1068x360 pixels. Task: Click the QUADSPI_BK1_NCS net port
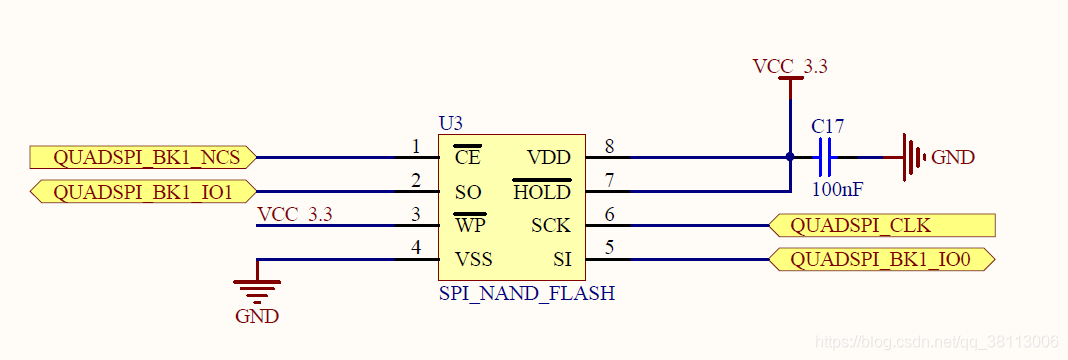click(x=143, y=157)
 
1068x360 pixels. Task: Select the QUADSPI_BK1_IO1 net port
click(x=143, y=191)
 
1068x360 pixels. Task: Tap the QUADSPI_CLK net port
click(x=882, y=225)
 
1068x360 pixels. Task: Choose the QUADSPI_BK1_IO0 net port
click(x=882, y=259)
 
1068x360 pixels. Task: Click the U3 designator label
click(x=451, y=124)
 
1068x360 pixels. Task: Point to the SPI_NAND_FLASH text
click(x=527, y=293)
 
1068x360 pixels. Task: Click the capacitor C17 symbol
click(x=826, y=157)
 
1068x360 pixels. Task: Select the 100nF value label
click(x=837, y=189)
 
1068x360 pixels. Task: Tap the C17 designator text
click(x=828, y=127)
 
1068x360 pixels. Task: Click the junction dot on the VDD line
click(x=790, y=157)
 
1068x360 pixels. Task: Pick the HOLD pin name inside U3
click(x=541, y=191)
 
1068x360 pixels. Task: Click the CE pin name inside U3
click(x=467, y=157)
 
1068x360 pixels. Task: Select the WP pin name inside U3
click(x=470, y=225)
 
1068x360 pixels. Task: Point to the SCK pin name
click(x=550, y=225)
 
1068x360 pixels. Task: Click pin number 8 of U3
click(x=609, y=146)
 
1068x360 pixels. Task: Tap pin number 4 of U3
click(x=416, y=248)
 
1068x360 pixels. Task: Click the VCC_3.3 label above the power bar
click(x=790, y=67)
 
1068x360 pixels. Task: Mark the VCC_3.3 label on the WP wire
click(x=295, y=214)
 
